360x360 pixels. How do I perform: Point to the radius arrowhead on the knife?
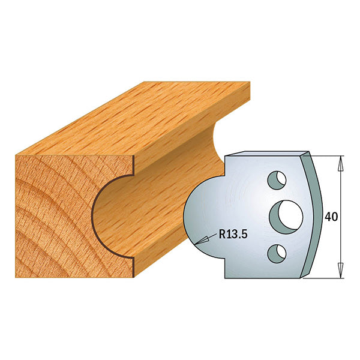pyautogui.click(x=202, y=240)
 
